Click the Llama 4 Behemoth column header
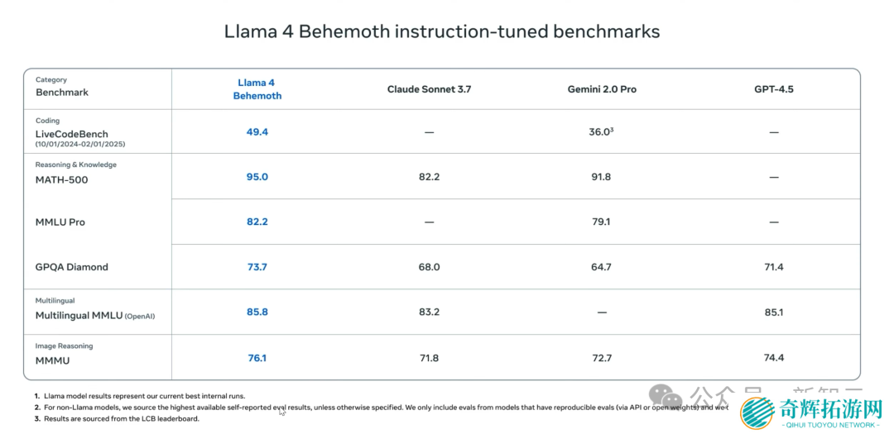tap(257, 89)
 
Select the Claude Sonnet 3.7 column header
tap(429, 89)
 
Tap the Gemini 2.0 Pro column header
tap(602, 89)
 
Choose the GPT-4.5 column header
tap(773, 89)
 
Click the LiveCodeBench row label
tap(71, 134)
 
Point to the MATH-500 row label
tap(61, 179)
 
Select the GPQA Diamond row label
tap(72, 267)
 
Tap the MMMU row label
tap(52, 360)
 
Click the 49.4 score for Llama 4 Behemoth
tap(257, 132)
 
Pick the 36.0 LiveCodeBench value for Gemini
tap(600, 132)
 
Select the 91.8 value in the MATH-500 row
tap(601, 177)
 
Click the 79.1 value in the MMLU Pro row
tap(601, 222)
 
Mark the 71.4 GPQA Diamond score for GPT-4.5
tap(773, 267)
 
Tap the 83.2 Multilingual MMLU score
tap(429, 312)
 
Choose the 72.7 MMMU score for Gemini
tap(601, 358)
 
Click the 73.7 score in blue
tap(257, 267)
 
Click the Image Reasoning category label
tap(64, 346)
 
